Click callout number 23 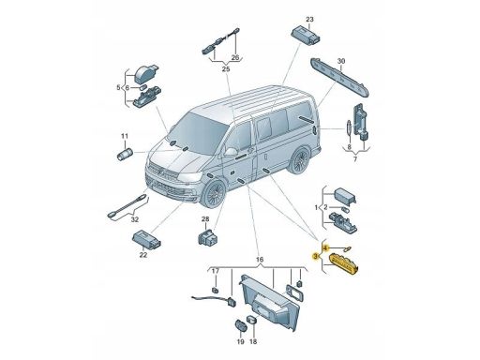tap(309, 20)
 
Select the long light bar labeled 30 tap(340, 77)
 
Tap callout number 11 tap(125, 136)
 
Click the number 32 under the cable tap(135, 219)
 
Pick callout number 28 tap(205, 219)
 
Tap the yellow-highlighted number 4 tap(325, 248)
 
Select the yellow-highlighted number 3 tap(316, 256)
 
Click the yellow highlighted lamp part tap(344, 264)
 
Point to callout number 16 tap(260, 260)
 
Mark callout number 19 tap(240, 342)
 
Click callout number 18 tap(253, 342)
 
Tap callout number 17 tap(216, 271)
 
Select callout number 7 tap(355, 159)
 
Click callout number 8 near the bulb tap(349, 146)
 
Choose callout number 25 tap(226, 69)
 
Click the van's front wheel tap(214, 194)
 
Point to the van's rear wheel tap(299, 160)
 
